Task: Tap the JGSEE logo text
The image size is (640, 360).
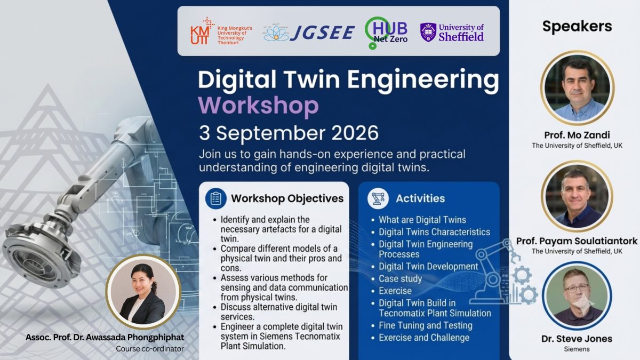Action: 323,33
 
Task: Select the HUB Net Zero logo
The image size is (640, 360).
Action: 386,33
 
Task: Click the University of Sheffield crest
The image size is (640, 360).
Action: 428,33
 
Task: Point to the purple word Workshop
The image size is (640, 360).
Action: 258,106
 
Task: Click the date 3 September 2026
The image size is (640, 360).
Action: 289,133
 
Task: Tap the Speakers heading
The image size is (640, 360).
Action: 577,26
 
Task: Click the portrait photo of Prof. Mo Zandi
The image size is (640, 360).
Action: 577,88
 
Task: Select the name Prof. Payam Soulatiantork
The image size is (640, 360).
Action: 577,241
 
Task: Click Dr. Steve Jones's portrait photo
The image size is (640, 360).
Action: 577,295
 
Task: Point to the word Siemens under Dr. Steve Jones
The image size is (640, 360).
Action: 577,349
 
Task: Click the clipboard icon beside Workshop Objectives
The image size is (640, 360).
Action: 215,198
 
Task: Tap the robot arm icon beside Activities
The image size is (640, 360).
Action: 378,198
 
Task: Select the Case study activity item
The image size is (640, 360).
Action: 401,278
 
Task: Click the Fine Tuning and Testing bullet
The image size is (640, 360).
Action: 426,325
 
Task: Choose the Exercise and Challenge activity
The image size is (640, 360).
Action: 424,338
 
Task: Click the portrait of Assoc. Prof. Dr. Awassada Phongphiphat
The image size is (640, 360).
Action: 143,292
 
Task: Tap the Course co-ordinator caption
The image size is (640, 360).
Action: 150,349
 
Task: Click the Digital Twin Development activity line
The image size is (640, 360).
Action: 428,267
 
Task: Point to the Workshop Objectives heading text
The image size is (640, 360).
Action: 287,198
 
